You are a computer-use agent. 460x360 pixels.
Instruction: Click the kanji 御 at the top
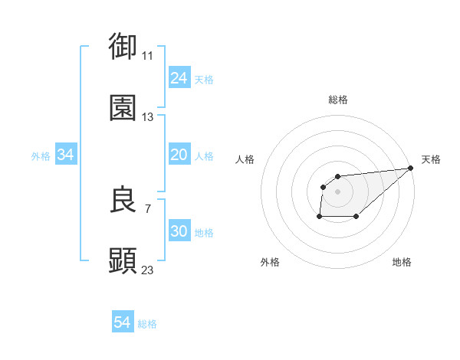[123, 46]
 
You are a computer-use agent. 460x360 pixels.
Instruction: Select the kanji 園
[123, 108]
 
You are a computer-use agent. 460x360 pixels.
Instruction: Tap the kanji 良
[123, 200]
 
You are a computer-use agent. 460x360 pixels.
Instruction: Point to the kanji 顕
[123, 261]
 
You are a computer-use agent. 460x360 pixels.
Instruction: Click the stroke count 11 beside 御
[147, 56]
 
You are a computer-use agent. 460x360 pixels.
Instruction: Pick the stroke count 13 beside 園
[147, 118]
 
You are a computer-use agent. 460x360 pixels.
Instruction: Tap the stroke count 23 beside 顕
[147, 270]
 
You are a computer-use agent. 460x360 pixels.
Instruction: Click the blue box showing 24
[179, 78]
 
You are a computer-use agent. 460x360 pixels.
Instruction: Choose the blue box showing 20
[179, 155]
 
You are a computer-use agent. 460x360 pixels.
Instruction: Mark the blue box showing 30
[179, 231]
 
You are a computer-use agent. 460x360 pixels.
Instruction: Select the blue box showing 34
[65, 155]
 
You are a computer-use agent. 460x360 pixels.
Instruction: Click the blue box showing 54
[122, 322]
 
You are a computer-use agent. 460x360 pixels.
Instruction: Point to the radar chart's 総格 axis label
[338, 100]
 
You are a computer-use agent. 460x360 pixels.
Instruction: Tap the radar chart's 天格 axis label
[431, 159]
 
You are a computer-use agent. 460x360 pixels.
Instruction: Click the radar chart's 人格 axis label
[245, 159]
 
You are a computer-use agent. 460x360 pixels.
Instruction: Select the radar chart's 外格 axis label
[270, 262]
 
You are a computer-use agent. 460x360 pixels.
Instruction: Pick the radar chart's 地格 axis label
[402, 262]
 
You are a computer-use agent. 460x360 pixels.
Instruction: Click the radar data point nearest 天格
[410, 168]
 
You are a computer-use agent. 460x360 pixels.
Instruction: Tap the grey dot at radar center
[337, 191]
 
